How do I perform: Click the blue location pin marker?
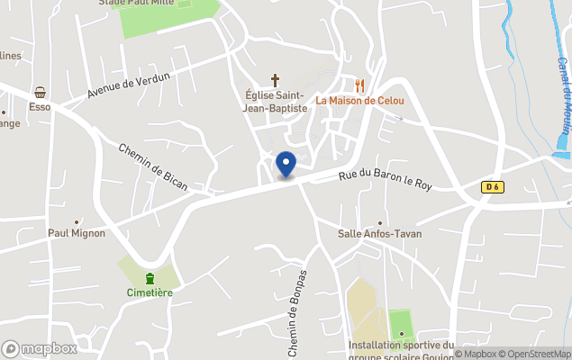pyautogui.click(x=286, y=165)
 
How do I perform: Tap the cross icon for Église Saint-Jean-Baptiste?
pyautogui.click(x=276, y=81)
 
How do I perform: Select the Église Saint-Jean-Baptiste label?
pyautogui.click(x=276, y=102)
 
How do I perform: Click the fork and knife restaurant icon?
pyautogui.click(x=360, y=85)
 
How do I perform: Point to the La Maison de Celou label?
pyautogui.click(x=359, y=100)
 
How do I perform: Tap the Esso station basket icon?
pyautogui.click(x=40, y=93)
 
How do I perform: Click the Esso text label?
pyautogui.click(x=39, y=106)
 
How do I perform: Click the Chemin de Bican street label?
pyautogui.click(x=152, y=166)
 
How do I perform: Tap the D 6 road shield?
pyautogui.click(x=491, y=187)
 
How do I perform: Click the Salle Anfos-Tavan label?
pyautogui.click(x=379, y=234)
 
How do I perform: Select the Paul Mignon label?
pyautogui.click(x=77, y=233)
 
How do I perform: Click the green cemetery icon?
pyautogui.click(x=150, y=277)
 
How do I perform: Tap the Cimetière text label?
pyautogui.click(x=150, y=292)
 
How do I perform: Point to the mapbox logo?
pyautogui.click(x=40, y=348)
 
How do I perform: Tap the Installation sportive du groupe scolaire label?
pyautogui.click(x=403, y=347)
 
